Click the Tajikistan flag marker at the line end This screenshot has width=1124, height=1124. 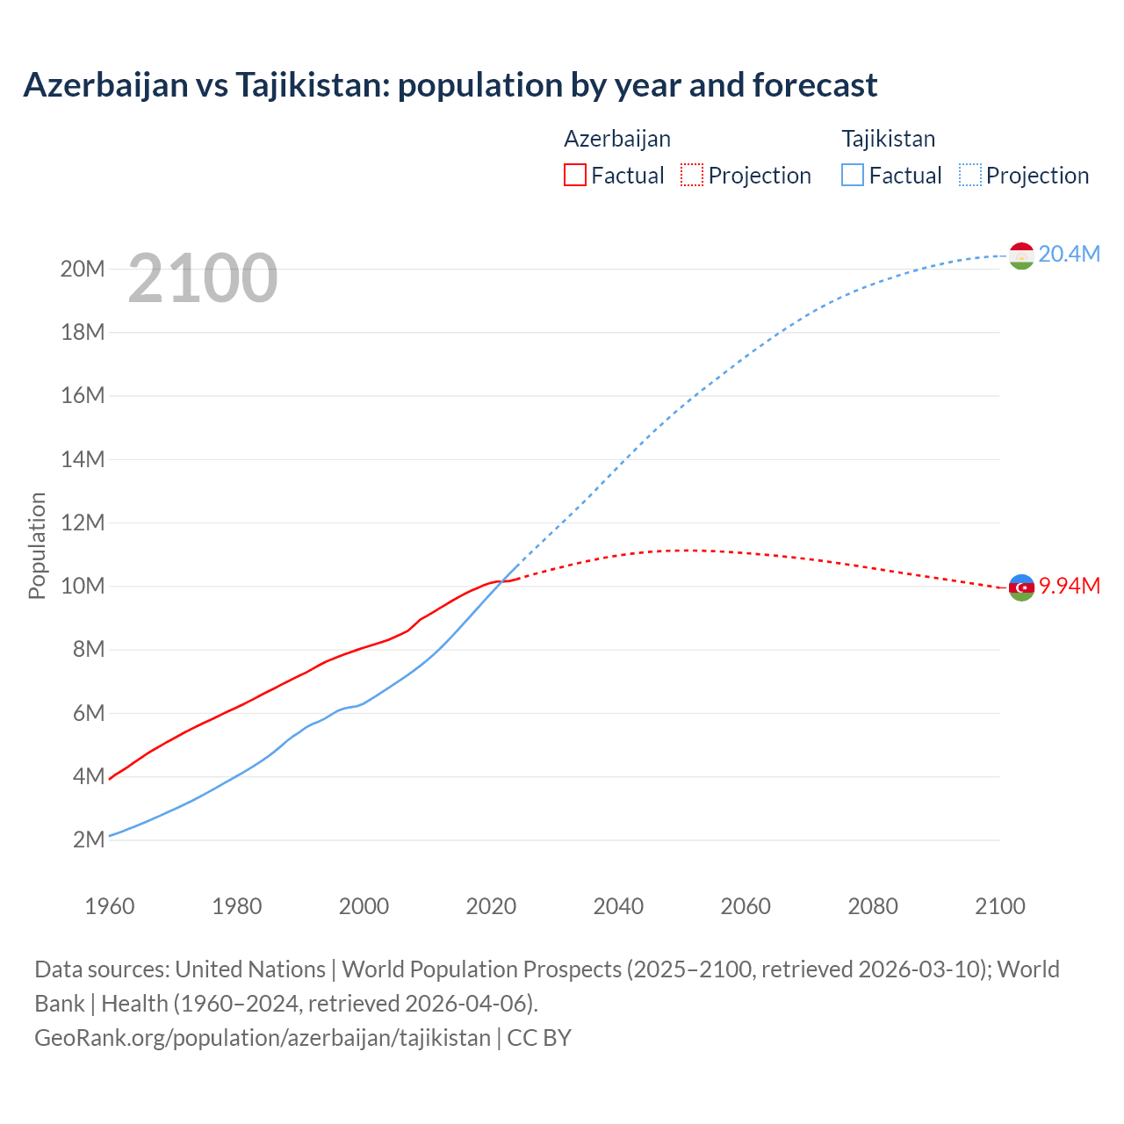(1021, 256)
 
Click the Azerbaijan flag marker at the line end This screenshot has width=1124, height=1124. (1021, 587)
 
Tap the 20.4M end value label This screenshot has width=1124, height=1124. (1069, 254)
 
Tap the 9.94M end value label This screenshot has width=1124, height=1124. (1069, 586)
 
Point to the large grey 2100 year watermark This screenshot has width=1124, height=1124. (203, 278)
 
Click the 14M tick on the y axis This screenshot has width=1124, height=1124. (83, 459)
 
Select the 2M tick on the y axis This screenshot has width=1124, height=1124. (88, 839)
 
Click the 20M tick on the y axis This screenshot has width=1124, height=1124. (83, 269)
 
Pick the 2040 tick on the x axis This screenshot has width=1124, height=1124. (618, 906)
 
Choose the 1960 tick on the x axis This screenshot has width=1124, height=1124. (110, 906)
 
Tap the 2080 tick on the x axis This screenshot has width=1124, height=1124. (873, 906)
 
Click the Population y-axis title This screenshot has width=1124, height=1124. (37, 545)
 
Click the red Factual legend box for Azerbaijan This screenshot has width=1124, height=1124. (574, 175)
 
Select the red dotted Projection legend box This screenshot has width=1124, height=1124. (692, 175)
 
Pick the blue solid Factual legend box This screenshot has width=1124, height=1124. (853, 175)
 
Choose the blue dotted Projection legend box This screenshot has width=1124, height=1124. (970, 175)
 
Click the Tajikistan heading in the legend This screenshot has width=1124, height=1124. (888, 139)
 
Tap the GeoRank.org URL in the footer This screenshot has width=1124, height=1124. (262, 1037)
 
